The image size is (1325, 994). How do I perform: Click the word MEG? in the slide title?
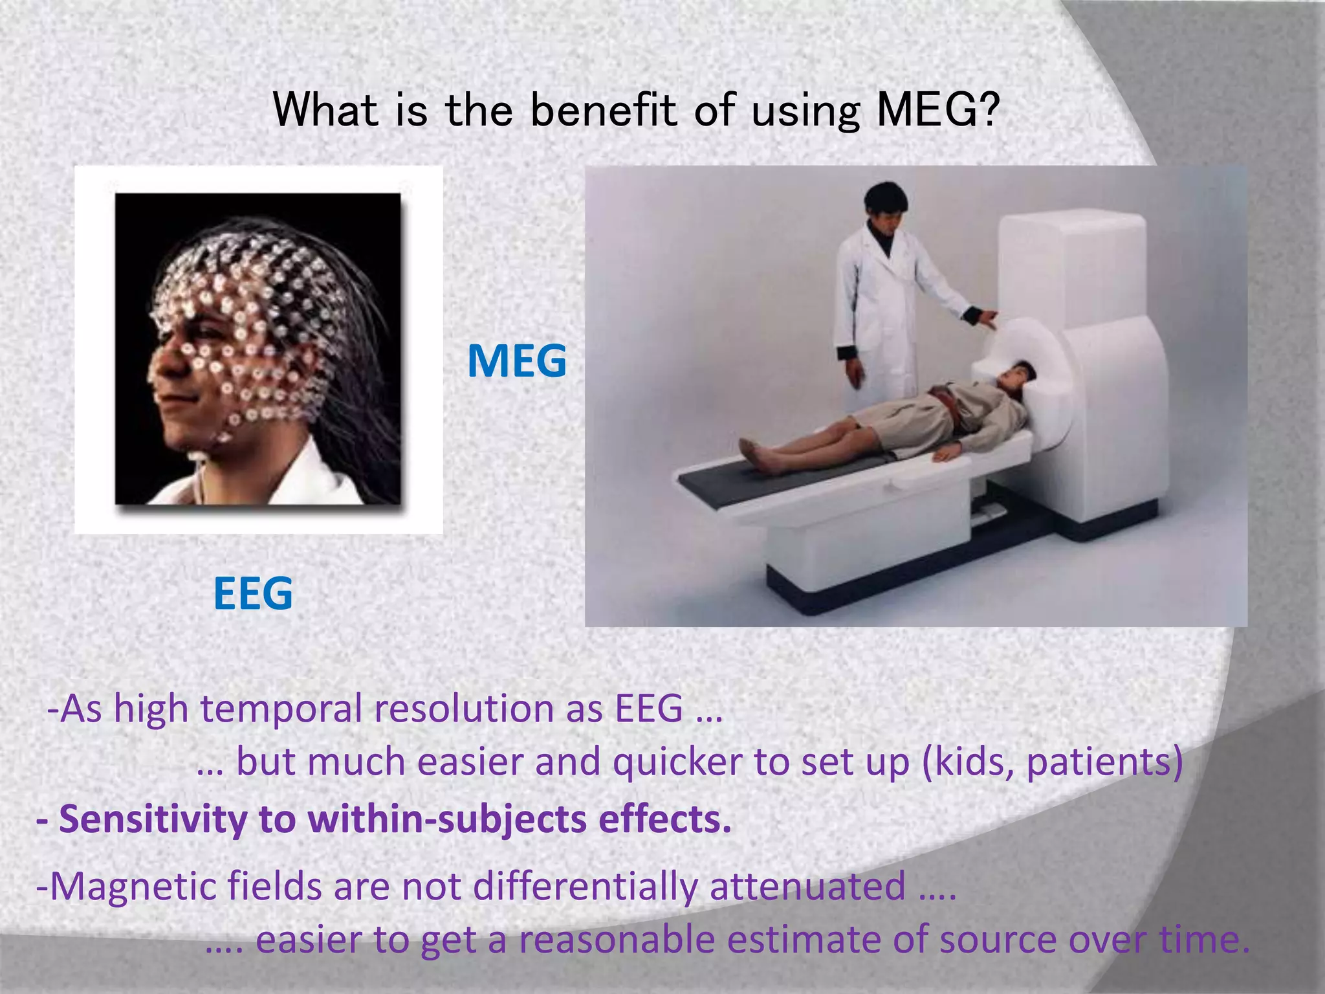pos(938,110)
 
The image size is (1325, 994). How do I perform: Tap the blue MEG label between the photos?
pos(516,361)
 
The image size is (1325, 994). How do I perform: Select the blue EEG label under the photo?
pos(253,593)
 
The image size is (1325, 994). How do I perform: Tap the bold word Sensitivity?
pos(153,820)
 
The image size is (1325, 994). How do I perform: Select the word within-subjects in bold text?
pos(447,820)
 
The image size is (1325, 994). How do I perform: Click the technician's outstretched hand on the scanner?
pos(988,318)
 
